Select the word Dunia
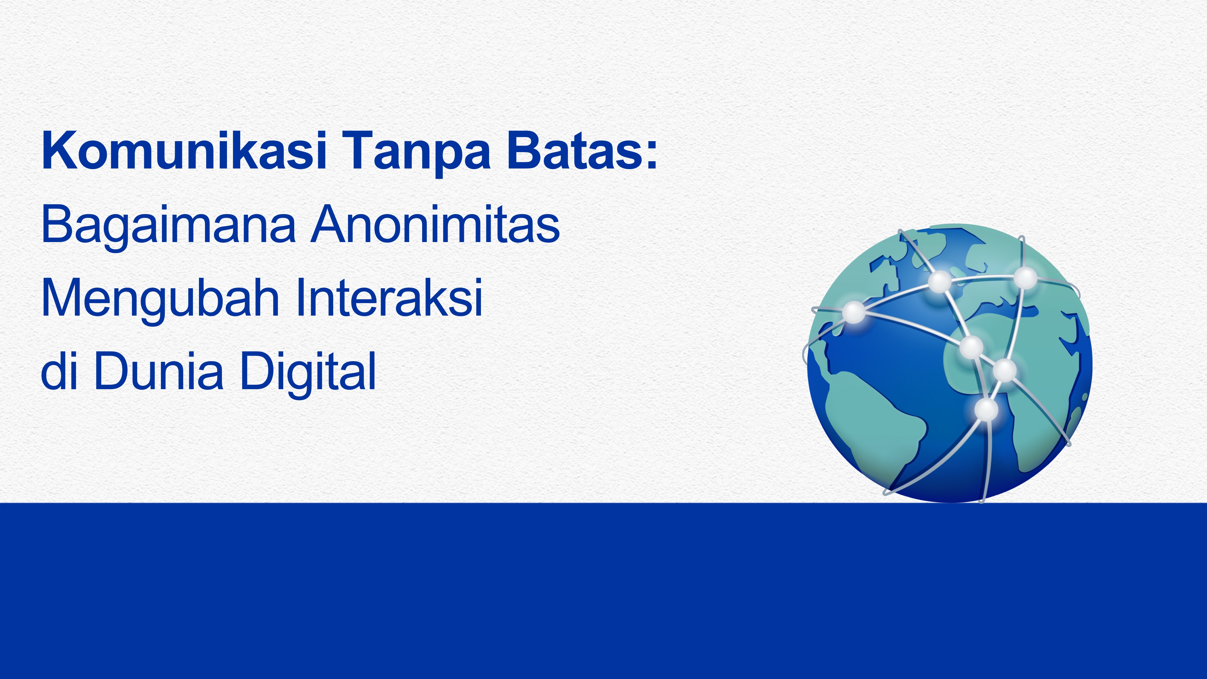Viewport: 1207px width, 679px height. (x=159, y=371)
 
